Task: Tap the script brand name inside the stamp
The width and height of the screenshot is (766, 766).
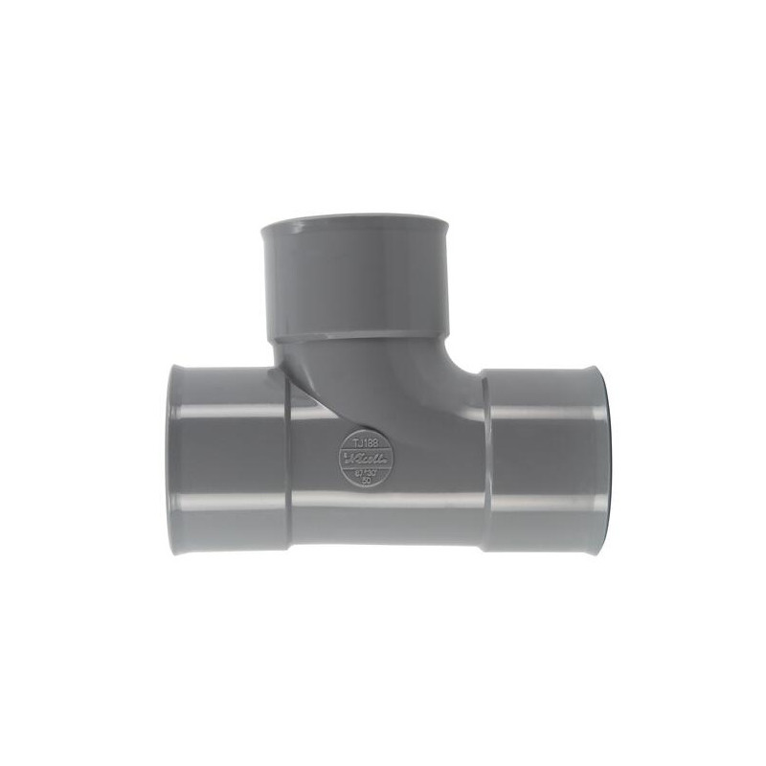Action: point(366,459)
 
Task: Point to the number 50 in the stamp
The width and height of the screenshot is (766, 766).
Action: point(367,479)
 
